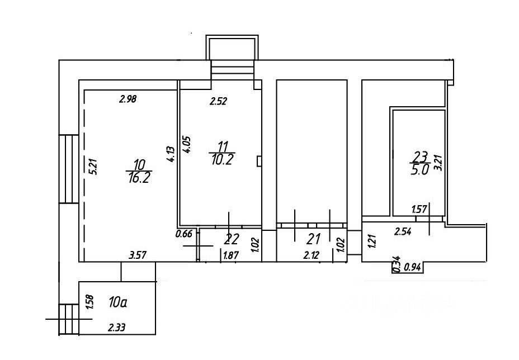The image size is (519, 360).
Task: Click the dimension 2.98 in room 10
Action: tap(128, 100)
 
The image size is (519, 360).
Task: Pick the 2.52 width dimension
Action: tap(219, 101)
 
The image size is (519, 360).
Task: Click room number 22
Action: tap(231, 239)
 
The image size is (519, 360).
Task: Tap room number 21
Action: tap(313, 239)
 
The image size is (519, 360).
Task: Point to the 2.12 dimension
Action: tap(312, 256)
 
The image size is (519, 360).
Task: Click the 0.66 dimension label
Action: tap(184, 234)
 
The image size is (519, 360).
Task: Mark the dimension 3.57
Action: tap(138, 256)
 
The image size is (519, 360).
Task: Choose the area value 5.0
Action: tap(419, 170)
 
